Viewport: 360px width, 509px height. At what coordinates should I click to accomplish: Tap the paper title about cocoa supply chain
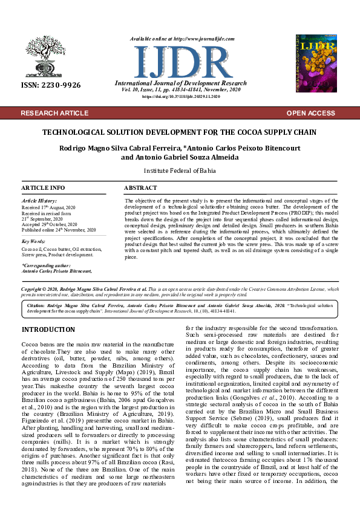(179, 132)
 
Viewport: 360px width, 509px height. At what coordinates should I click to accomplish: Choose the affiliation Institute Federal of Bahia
(179, 171)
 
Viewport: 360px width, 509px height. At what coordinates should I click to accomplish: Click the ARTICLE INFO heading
(43, 188)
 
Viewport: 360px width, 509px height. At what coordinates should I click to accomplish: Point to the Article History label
(39, 200)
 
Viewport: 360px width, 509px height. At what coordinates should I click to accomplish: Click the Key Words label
(34, 241)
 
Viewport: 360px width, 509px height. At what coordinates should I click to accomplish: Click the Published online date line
(59, 230)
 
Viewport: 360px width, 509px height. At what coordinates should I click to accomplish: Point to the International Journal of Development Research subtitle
(180, 83)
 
